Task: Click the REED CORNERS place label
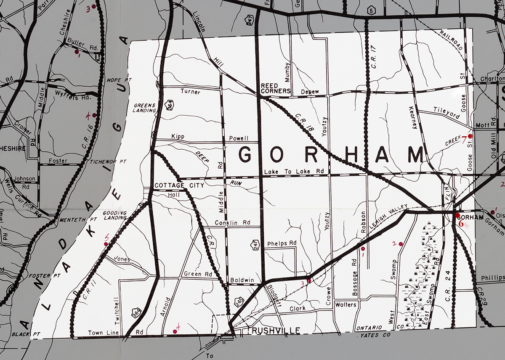click(276, 88)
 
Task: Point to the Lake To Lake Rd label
click(294, 172)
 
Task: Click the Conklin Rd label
click(232, 222)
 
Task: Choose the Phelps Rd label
click(282, 243)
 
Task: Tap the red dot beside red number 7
click(470, 136)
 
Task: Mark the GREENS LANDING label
click(145, 108)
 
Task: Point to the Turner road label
click(190, 91)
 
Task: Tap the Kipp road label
click(178, 137)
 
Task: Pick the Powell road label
click(239, 138)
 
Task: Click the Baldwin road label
click(241, 280)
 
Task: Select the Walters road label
click(346, 304)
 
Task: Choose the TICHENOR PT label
click(108, 161)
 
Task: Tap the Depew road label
click(310, 92)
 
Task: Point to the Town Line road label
click(101, 333)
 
